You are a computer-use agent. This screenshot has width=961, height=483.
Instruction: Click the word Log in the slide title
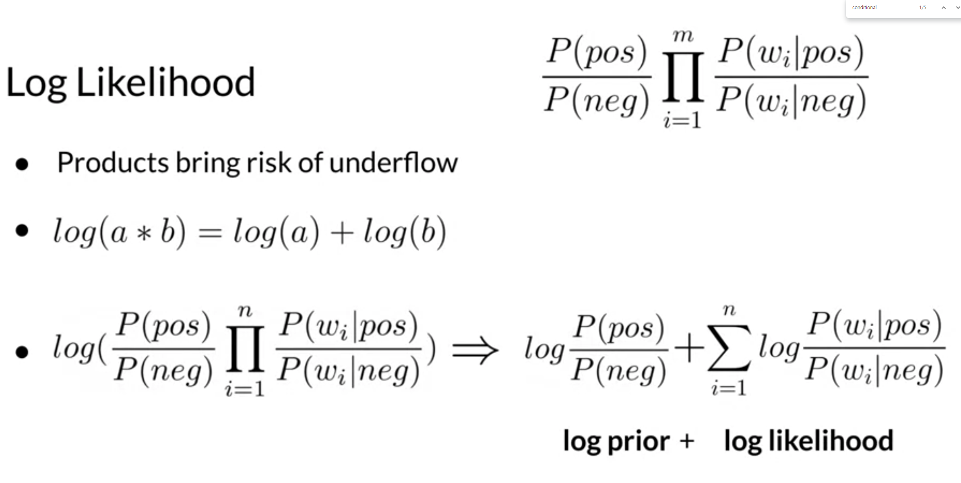point(36,83)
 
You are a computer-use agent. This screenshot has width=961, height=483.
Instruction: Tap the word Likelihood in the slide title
point(165,82)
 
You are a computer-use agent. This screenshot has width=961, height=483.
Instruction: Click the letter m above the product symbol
point(683,36)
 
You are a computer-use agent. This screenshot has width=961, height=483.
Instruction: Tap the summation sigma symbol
point(729,348)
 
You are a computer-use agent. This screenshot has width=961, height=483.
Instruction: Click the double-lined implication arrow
point(475,350)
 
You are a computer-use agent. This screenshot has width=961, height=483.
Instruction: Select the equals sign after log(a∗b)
point(210,233)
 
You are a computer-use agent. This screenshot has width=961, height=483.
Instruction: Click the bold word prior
point(639,441)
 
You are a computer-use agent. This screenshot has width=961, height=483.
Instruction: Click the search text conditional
point(864,8)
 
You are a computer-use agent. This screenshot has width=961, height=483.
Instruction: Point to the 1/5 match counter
point(923,8)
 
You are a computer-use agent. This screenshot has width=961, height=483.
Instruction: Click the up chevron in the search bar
point(943,8)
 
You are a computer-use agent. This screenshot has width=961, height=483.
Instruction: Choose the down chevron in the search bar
point(958,8)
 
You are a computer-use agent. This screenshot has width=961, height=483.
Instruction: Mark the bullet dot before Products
point(22,164)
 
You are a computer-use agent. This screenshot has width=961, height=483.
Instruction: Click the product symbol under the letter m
point(683,77)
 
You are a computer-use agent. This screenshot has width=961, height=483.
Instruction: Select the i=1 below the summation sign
point(729,388)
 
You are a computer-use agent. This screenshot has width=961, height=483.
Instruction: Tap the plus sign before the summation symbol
point(689,349)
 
